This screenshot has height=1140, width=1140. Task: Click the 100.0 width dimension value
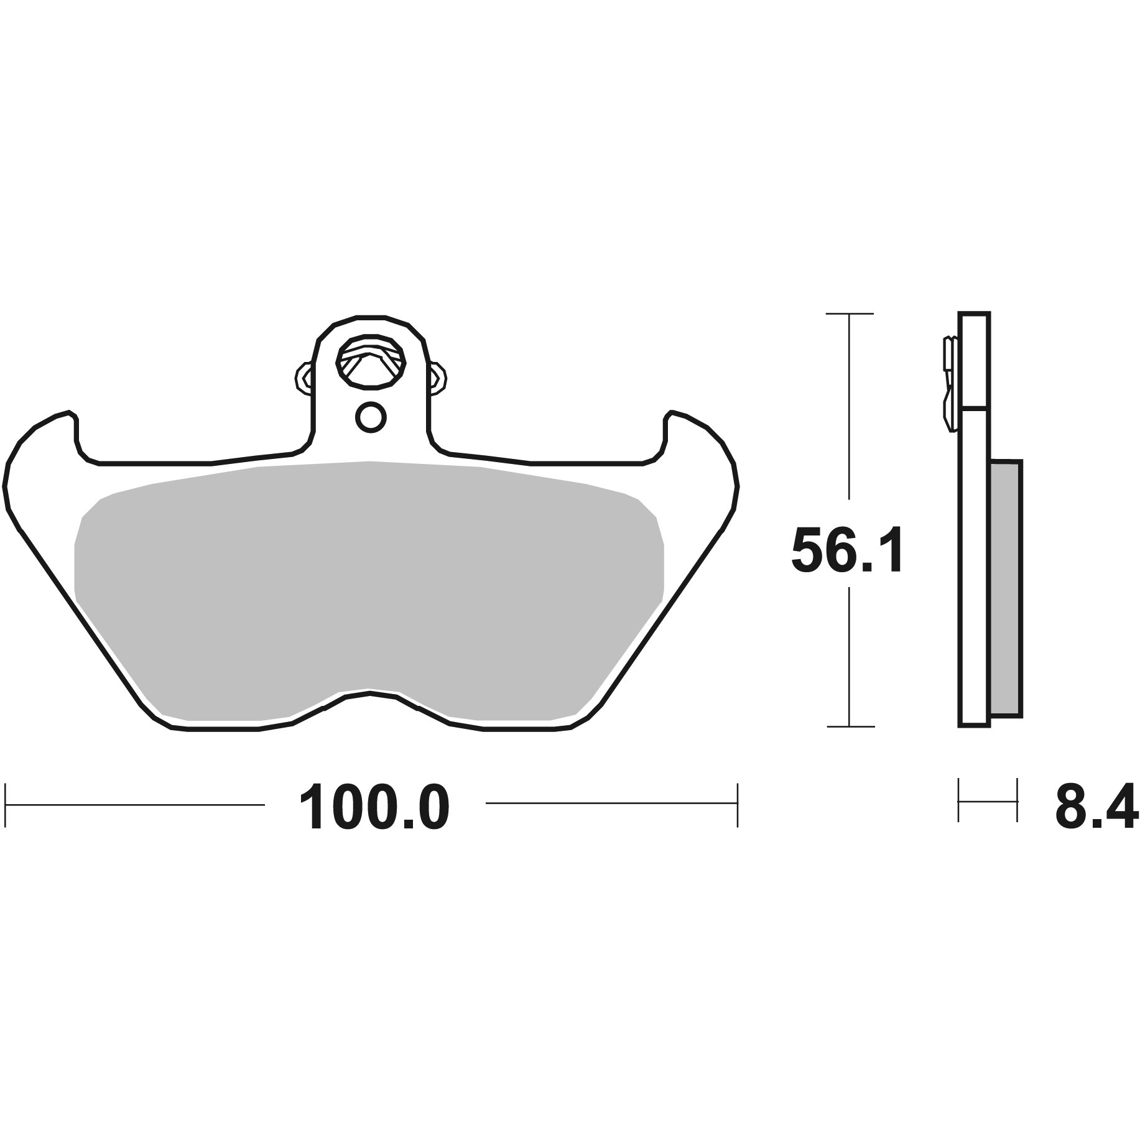[x=374, y=807]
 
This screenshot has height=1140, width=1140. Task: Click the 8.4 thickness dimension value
[x=1096, y=807]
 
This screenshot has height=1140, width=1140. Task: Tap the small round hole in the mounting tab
[x=371, y=417]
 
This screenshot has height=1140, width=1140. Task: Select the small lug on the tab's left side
[x=303, y=377]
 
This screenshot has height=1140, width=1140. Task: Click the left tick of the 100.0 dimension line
[x=6, y=805]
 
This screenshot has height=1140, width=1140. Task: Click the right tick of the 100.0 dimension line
[x=737, y=805]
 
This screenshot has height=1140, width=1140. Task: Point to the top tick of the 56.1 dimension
[x=850, y=313]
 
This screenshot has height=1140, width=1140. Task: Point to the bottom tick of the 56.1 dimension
[x=850, y=726]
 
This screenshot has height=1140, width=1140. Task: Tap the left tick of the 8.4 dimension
[x=959, y=799]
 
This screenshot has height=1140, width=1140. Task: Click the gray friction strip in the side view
[x=1006, y=588]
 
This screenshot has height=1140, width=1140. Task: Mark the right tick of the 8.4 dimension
[x=1017, y=799]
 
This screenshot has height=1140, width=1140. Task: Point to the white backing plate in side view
[x=974, y=560]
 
